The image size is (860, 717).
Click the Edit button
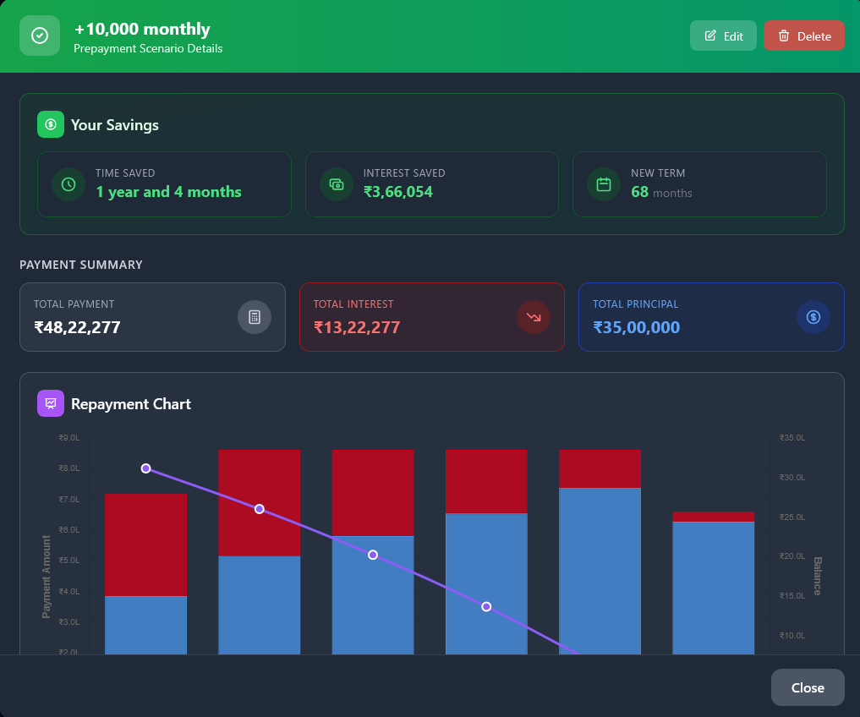(x=723, y=36)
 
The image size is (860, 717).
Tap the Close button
(x=807, y=687)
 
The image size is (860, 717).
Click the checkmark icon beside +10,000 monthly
(x=40, y=36)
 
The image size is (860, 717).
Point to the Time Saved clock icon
(x=68, y=184)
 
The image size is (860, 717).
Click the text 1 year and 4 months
(x=168, y=192)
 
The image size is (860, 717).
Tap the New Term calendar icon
(x=604, y=184)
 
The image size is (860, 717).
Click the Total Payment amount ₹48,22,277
(x=77, y=327)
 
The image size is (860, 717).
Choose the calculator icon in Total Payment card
(x=255, y=317)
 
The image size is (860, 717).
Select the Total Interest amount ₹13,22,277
(x=357, y=327)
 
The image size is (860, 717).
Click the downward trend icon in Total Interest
(x=534, y=317)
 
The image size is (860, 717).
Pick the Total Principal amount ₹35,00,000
(x=636, y=327)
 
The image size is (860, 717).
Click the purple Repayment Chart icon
(x=51, y=403)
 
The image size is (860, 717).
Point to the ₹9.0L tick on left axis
(x=69, y=438)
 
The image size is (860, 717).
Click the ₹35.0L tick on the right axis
(x=792, y=438)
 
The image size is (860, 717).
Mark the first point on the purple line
(x=145, y=468)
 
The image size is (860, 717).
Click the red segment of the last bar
(x=713, y=517)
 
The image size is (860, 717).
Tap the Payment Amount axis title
(x=47, y=576)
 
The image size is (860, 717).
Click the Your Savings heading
(x=115, y=125)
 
